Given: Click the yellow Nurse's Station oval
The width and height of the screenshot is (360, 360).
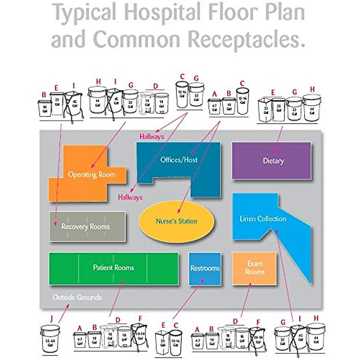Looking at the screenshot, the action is [176, 221].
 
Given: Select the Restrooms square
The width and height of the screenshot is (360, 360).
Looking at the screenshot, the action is [205, 268].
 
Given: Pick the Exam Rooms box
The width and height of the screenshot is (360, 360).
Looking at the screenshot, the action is [254, 268].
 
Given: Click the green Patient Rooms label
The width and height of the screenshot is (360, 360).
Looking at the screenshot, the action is [113, 268].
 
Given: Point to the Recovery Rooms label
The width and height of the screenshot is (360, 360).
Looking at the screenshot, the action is [85, 226].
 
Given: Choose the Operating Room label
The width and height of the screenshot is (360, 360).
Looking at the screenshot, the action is [91, 175].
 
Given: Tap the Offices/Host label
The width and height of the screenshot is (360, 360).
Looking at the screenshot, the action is [179, 160].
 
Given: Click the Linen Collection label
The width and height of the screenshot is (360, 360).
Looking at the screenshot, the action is [263, 219].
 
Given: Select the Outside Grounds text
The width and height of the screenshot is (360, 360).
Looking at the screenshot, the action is [77, 297].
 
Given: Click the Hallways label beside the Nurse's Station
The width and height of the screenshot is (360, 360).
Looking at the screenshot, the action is [130, 197].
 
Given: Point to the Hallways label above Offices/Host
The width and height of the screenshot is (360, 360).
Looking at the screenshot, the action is [152, 137].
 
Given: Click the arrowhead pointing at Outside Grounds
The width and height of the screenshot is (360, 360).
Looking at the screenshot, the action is [68, 305].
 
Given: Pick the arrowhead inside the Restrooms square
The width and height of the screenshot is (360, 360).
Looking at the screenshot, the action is [203, 280].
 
